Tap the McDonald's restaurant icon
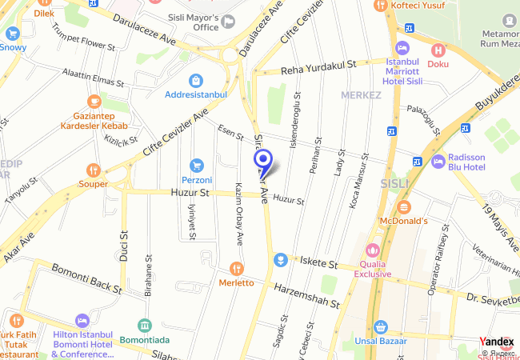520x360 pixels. [x=403, y=207]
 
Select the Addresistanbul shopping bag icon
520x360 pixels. [x=196, y=80]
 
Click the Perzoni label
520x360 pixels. [x=196, y=180]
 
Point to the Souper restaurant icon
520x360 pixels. [x=94, y=170]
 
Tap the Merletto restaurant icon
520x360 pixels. [x=235, y=269]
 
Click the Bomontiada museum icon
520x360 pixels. [x=144, y=326]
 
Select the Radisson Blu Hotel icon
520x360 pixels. [x=438, y=161]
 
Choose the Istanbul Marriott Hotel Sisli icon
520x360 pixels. [x=402, y=48]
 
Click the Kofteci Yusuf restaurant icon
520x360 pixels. [x=380, y=6]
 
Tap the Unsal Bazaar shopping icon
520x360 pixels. [x=381, y=327]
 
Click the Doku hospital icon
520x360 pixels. [x=438, y=50]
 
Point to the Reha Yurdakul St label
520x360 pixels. [x=318, y=70]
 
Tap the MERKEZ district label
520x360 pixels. [x=361, y=95]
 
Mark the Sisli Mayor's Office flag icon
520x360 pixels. [x=229, y=21]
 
